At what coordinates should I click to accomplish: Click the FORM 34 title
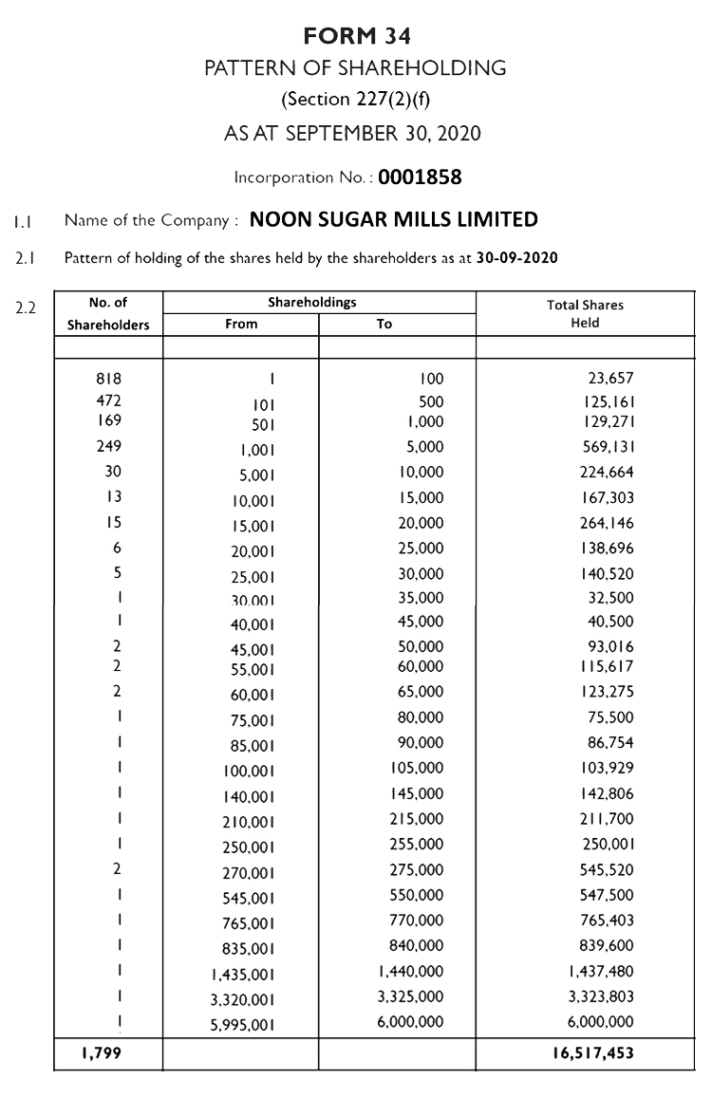click(x=357, y=36)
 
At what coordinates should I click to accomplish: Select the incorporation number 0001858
click(x=420, y=177)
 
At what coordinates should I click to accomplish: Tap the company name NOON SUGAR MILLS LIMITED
click(x=393, y=220)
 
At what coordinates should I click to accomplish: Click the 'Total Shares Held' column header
click(x=585, y=314)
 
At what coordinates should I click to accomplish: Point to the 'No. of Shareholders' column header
click(x=108, y=314)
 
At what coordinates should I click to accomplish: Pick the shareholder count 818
click(x=108, y=379)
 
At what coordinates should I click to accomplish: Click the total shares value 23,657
click(x=610, y=379)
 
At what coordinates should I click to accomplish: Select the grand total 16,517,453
click(x=587, y=1052)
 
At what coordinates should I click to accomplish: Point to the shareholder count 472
click(x=108, y=400)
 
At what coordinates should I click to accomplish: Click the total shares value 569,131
click(x=607, y=447)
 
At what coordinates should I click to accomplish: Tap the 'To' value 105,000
click(x=417, y=767)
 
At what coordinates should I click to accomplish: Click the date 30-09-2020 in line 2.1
click(x=516, y=258)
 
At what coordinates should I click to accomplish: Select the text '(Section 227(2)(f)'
click(x=356, y=100)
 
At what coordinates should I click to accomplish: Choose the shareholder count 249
click(x=108, y=446)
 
